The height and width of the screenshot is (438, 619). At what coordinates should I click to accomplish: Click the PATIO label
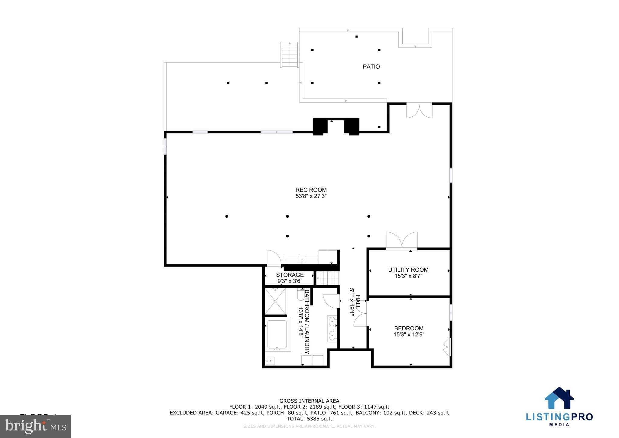pyautogui.click(x=371, y=67)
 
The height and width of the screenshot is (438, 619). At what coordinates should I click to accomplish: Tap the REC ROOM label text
pyautogui.click(x=311, y=190)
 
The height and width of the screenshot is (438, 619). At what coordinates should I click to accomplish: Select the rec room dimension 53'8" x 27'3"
pyautogui.click(x=311, y=196)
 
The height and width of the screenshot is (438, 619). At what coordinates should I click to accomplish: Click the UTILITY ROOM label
pyautogui.click(x=408, y=270)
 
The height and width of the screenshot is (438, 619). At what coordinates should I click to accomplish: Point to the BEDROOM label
pyautogui.click(x=409, y=328)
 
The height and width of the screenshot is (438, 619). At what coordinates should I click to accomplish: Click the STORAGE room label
pyautogui.click(x=290, y=275)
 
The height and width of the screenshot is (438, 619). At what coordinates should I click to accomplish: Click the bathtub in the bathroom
pyautogui.click(x=277, y=334)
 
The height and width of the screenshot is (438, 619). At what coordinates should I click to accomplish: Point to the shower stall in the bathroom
pyautogui.click(x=275, y=301)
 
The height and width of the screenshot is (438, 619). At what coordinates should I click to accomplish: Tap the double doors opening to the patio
pyautogui.click(x=419, y=111)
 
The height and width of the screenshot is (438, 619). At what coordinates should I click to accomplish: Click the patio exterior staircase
pyautogui.click(x=290, y=55)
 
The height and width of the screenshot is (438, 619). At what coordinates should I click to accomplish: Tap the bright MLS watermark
pyautogui.click(x=35, y=426)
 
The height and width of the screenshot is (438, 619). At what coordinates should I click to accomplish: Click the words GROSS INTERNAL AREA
pyautogui.click(x=309, y=401)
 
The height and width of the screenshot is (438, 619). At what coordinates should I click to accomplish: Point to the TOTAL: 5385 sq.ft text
pyautogui.click(x=309, y=419)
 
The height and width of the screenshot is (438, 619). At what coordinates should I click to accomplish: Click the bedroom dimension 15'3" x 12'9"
pyautogui.click(x=409, y=335)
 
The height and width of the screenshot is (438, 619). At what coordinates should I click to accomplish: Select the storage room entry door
pyautogui.click(x=274, y=259)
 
